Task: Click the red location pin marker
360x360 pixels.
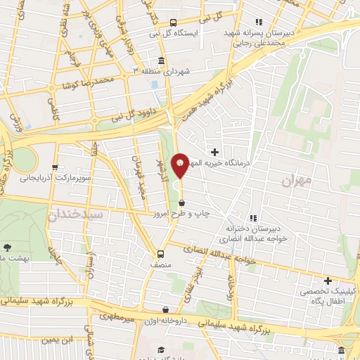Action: pyautogui.click(x=180, y=165)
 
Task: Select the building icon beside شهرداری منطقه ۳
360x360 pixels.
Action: pyautogui.click(x=162, y=60)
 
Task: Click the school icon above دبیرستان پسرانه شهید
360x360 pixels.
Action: pyautogui.click(x=259, y=21)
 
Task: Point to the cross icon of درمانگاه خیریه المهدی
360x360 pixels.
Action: pyautogui.click(x=214, y=151)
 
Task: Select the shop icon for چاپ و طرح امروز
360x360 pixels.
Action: pyautogui.click(x=183, y=202)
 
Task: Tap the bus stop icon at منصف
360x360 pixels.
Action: pyautogui.click(x=161, y=254)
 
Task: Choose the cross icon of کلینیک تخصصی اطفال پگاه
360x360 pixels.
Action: pyautogui.click(x=328, y=281)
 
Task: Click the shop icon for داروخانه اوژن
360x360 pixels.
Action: pyautogui.click(x=165, y=309)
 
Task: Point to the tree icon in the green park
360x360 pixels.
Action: pyautogui.click(x=7, y=247)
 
